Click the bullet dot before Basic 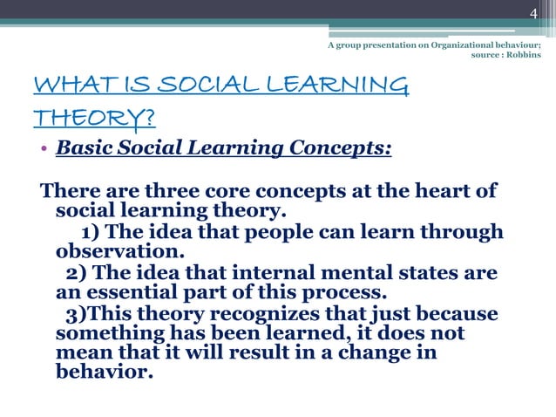[43, 148]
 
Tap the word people [284, 232]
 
